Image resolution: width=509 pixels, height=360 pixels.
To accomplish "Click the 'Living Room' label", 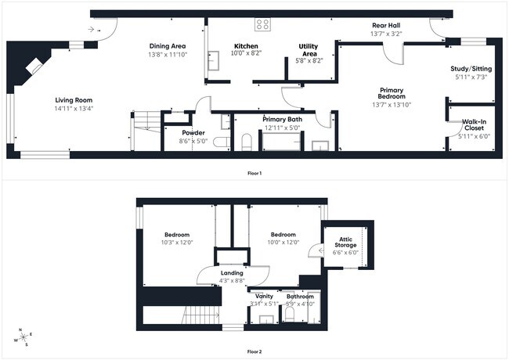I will [74, 99].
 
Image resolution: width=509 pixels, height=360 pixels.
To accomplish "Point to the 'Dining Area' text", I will [168, 46].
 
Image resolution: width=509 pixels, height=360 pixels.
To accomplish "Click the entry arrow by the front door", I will [94, 30].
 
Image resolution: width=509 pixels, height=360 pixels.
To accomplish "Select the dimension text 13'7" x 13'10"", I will [392, 104].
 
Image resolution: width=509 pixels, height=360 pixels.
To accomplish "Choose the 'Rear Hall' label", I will [386, 25].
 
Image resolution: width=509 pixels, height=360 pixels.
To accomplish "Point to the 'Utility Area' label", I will [308, 51].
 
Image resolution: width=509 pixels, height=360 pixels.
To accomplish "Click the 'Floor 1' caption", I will [254, 172].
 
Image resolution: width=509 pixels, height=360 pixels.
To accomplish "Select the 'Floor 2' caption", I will [254, 352].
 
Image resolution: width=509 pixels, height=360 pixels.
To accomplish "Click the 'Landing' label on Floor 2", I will [232, 273].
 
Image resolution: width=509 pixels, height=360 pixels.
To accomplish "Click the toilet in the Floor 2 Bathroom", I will [288, 314].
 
